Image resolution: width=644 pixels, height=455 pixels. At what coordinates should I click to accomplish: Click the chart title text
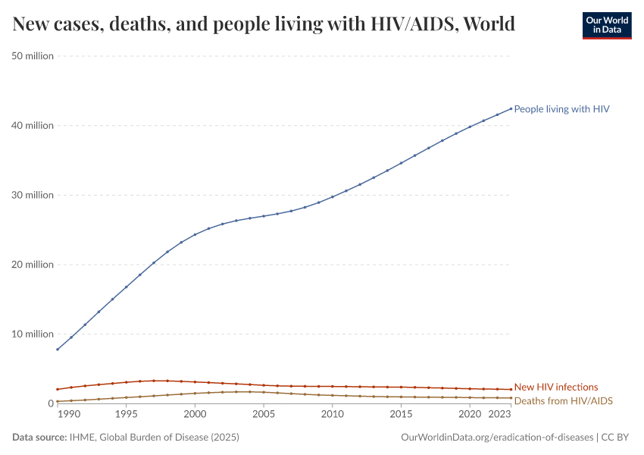[x=264, y=24]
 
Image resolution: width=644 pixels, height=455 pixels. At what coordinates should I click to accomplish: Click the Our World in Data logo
[x=606, y=25]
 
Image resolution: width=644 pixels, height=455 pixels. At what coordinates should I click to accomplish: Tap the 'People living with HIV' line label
[x=561, y=109]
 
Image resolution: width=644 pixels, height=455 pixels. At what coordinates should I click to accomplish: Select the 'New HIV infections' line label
[x=555, y=387]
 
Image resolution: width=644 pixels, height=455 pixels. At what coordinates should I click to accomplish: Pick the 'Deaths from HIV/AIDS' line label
[x=563, y=400]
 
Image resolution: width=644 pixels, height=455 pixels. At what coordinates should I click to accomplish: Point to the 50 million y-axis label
[x=33, y=55]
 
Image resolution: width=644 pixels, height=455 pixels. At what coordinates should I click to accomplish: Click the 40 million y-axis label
[x=33, y=125]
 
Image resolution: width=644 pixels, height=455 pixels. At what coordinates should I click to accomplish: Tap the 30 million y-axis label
[x=33, y=195]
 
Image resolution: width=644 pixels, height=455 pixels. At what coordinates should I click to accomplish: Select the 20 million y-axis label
[x=33, y=265]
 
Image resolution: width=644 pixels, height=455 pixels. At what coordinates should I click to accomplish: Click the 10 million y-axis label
[x=33, y=334]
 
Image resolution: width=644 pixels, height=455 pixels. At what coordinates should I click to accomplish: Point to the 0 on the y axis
[x=50, y=403]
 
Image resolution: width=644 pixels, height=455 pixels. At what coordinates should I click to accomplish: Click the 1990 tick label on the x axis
[x=68, y=415]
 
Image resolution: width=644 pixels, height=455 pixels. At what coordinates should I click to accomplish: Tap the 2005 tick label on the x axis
[x=264, y=415]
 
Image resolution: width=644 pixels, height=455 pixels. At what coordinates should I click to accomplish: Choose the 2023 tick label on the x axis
[x=499, y=415]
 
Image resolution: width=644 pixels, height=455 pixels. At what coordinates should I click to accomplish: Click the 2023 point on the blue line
[x=511, y=108]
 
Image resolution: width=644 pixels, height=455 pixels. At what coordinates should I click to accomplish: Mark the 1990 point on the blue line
[x=58, y=350]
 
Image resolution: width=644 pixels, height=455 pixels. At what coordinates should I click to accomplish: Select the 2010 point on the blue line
[x=333, y=197]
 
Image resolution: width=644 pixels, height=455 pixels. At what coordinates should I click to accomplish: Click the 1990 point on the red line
[x=58, y=390]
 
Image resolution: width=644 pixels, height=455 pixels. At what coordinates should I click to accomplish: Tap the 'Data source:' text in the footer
[x=38, y=438]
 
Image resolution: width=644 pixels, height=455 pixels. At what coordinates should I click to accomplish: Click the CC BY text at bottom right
[x=617, y=438]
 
